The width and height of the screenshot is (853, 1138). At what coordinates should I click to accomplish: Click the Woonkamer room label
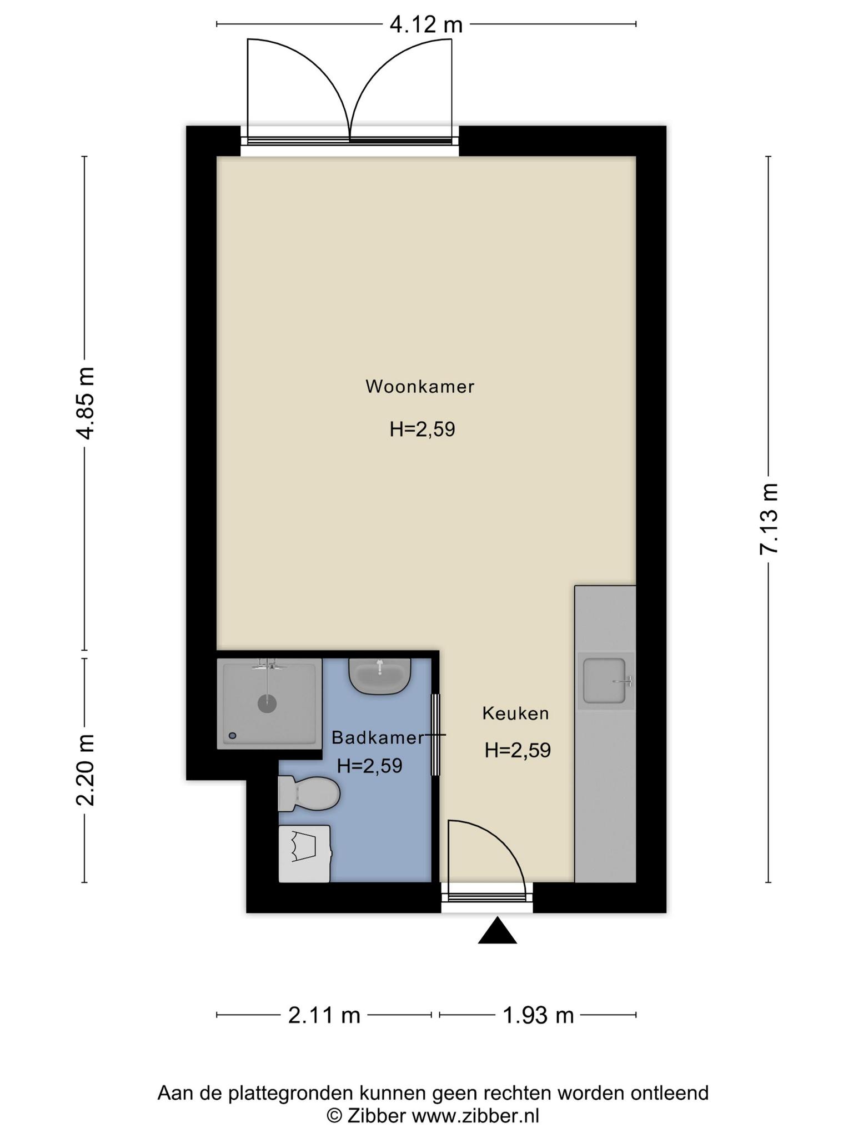point(420,386)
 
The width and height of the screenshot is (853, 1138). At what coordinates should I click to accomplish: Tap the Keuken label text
point(515,713)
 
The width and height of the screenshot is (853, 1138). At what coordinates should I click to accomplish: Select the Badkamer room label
point(378,737)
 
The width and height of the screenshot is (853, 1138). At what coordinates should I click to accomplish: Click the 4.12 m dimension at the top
point(426,24)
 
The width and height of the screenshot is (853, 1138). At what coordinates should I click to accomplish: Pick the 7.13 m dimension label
point(769,518)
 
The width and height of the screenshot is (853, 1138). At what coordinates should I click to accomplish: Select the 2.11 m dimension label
point(324,1015)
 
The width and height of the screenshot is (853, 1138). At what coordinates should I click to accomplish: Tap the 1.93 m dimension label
point(538,1015)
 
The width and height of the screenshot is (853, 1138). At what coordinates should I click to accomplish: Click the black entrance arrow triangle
point(498,930)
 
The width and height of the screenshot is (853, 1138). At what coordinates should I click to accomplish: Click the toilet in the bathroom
point(309,793)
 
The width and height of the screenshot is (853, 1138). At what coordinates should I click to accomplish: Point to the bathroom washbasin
point(380,676)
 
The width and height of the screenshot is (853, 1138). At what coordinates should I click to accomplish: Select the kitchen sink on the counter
point(606,681)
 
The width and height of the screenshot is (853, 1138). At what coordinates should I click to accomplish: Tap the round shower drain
point(267,703)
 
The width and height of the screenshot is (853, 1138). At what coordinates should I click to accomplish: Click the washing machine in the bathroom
point(305,853)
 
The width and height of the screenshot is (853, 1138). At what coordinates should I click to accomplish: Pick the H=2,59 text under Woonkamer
point(422,430)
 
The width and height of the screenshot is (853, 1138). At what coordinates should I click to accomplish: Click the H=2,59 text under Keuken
point(518,751)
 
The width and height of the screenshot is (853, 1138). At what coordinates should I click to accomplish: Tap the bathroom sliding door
point(436,735)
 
